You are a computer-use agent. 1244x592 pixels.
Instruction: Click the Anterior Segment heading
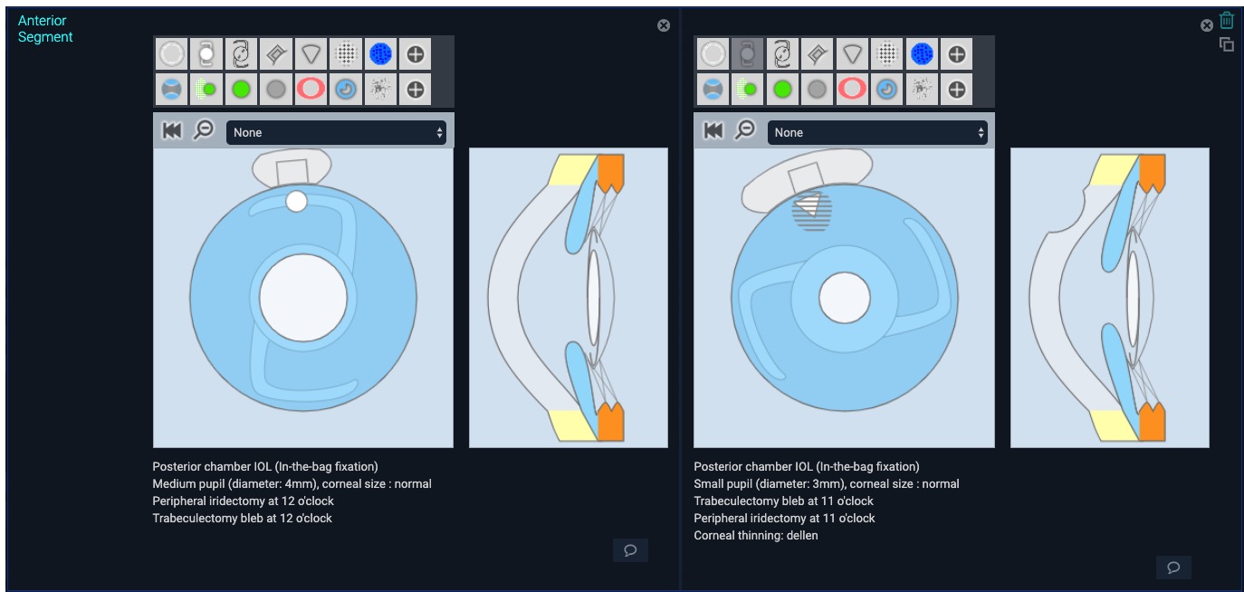(x=45, y=29)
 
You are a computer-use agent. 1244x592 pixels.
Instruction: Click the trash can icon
(x=1226, y=21)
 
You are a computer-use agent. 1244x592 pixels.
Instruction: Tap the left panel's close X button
(x=663, y=25)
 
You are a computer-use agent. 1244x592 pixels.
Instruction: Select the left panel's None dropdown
(x=336, y=133)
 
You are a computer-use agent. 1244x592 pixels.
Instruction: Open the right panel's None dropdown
(x=877, y=133)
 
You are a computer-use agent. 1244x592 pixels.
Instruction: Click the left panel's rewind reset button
(x=172, y=131)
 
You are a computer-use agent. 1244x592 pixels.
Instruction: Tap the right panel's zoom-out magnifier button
(x=745, y=130)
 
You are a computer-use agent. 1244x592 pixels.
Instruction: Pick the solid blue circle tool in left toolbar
(x=380, y=54)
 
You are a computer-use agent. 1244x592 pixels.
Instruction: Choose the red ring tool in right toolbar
(x=852, y=89)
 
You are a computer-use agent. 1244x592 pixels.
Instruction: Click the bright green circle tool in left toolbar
(x=241, y=89)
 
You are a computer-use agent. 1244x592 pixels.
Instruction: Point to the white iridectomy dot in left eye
(x=297, y=202)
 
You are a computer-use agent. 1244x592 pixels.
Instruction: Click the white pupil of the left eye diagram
(x=303, y=298)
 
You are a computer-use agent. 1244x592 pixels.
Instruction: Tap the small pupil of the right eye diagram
(x=844, y=298)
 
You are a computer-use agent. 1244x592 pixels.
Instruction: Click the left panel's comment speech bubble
(x=630, y=550)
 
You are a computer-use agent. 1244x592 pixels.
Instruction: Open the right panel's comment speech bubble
(x=1173, y=568)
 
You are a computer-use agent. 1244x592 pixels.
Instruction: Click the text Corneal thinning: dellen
(x=755, y=535)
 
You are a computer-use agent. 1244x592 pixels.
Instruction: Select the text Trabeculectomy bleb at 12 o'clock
(x=242, y=518)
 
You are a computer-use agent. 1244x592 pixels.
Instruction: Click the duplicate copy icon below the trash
(x=1226, y=44)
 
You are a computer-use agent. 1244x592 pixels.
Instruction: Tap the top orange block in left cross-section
(x=610, y=172)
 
